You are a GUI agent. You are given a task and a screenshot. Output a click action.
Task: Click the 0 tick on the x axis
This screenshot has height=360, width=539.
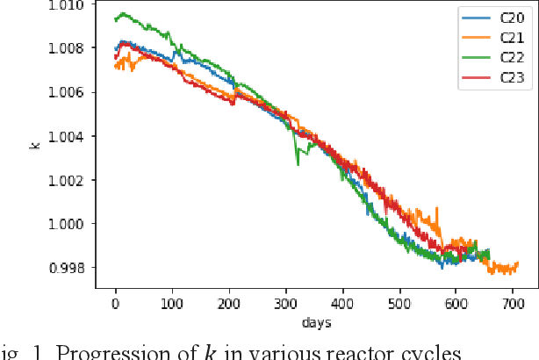[115, 303]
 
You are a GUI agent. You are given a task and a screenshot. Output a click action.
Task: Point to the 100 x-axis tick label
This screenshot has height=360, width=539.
[172, 303]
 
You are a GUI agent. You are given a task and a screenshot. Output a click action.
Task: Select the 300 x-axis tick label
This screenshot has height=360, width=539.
[286, 303]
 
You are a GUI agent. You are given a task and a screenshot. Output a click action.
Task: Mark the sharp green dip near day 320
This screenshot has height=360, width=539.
[298, 162]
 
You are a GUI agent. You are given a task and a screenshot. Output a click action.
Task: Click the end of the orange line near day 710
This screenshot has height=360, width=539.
[519, 263]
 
